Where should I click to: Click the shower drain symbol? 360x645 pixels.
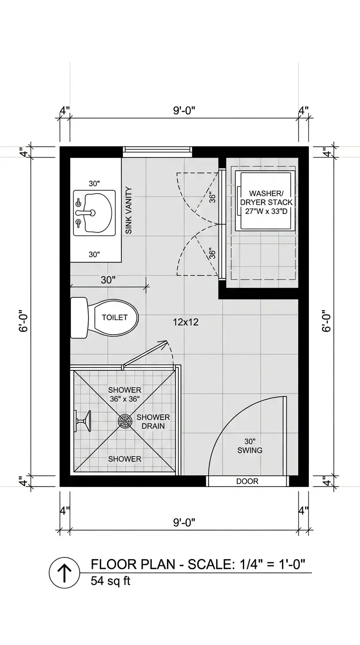[x=125, y=421]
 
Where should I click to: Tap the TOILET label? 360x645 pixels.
[x=115, y=317]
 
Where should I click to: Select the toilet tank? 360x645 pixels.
[x=79, y=317]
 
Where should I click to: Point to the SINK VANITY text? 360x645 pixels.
[x=129, y=210]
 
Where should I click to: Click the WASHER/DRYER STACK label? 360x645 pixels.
[x=266, y=202]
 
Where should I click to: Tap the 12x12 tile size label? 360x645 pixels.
[x=186, y=322]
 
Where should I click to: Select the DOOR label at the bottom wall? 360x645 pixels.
[x=247, y=481]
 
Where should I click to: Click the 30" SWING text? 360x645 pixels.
[x=250, y=446]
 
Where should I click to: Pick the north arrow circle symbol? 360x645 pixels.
[x=65, y=573]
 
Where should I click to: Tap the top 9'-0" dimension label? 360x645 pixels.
[x=184, y=110]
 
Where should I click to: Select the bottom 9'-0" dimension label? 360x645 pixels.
[x=184, y=522]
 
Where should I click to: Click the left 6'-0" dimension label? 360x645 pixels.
[x=23, y=321]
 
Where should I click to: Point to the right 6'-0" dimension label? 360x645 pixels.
[x=327, y=321]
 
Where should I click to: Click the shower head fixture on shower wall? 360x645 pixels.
[x=82, y=421]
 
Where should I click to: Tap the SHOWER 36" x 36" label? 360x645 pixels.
[x=125, y=395]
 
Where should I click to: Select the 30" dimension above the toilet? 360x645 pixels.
[x=108, y=280]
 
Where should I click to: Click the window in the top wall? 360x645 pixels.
[x=157, y=151]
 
